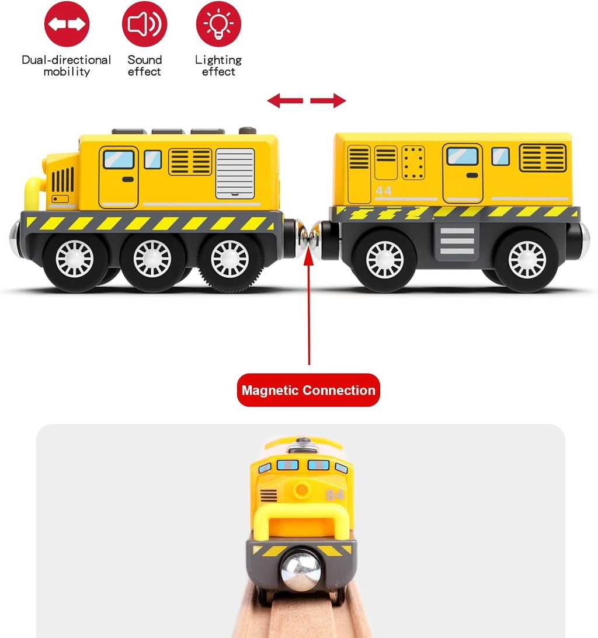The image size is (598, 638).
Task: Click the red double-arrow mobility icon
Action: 67,24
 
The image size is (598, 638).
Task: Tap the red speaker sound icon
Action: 144,24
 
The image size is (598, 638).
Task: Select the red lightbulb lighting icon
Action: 218,24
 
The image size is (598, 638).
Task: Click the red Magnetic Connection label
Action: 308,390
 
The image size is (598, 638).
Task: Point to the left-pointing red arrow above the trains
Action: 285,100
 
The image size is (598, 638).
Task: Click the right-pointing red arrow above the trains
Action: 328,100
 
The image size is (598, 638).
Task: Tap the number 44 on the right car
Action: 384,191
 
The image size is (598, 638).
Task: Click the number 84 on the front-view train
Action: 335,495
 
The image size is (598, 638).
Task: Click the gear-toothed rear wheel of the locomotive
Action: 230,259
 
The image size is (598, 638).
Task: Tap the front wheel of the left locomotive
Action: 75,259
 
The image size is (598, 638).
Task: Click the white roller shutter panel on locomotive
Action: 235,173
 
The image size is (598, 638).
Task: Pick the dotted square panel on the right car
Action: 413,163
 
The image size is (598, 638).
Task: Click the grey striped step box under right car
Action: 457,241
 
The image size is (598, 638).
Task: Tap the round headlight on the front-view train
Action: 302,489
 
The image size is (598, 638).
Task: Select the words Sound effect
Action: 144,65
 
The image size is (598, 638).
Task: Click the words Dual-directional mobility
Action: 67,65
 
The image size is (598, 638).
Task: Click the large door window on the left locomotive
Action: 119,159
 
